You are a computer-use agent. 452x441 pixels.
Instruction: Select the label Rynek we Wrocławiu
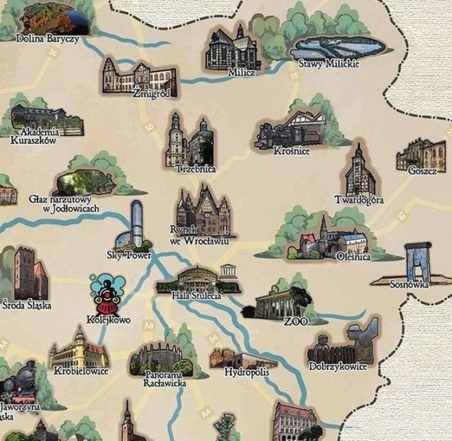coord(199,236)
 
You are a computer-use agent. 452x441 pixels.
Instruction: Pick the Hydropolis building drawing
coord(234,358)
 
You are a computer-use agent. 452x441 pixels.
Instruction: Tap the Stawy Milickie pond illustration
coord(337,47)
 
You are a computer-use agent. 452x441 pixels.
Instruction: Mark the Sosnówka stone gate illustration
coord(418,261)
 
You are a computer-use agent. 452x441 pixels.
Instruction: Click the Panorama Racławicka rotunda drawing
coord(156,357)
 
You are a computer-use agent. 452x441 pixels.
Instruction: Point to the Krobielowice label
coord(79,371)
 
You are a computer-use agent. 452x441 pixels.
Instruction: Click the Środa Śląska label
coord(27,305)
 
